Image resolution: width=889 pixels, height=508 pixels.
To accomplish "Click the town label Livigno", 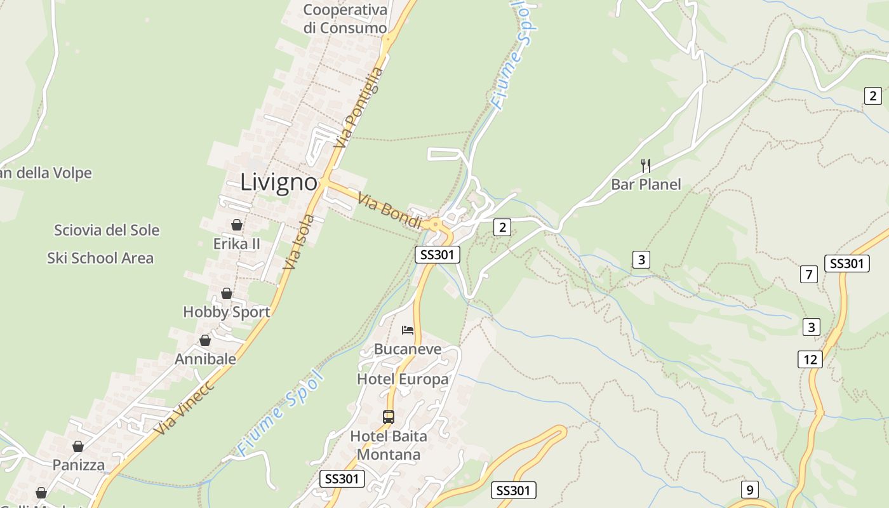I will tap(279, 183).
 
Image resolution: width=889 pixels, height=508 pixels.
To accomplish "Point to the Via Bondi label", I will tap(390, 211).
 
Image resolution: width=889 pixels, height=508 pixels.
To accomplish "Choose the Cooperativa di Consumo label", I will tap(345, 19).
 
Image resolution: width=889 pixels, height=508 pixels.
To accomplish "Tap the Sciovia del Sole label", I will tap(107, 230).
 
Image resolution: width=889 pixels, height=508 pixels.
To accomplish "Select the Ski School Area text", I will tap(100, 258).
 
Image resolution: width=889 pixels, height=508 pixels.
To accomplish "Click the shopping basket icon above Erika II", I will tap(237, 225).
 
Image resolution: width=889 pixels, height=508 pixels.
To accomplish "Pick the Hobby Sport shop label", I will tap(226, 312).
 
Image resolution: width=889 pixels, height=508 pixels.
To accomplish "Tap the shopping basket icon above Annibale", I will tap(205, 341).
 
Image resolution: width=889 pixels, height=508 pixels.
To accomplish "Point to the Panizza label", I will tap(79, 465).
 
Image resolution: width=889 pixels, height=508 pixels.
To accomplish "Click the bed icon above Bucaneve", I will tap(408, 330).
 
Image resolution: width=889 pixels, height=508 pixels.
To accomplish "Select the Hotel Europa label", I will tap(403, 379).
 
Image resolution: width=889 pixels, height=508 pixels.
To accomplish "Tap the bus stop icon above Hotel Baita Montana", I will tap(389, 417).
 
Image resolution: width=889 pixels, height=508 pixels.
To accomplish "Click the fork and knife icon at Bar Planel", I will tap(646, 166).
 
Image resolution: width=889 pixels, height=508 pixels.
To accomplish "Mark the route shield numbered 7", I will tap(808, 275).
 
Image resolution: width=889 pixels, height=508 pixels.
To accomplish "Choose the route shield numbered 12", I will tap(810, 359).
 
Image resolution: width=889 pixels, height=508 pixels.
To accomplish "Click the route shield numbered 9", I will tap(750, 490).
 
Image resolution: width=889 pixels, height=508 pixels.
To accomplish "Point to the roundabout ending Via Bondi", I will tap(436, 224).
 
